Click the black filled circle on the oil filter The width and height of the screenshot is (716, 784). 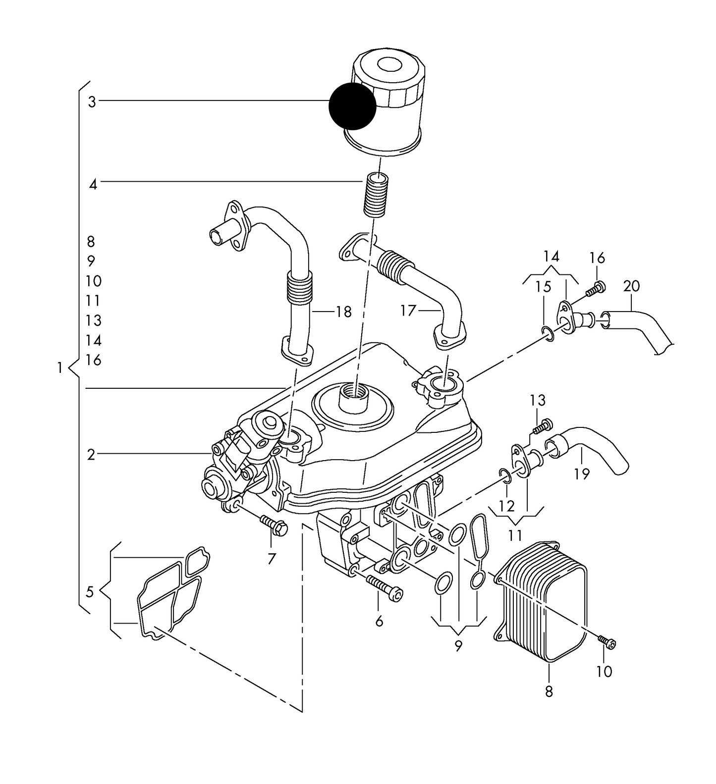tap(352, 106)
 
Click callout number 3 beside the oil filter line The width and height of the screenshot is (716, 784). tap(92, 102)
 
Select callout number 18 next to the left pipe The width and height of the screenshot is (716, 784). tap(343, 312)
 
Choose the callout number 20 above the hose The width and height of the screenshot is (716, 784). tap(631, 286)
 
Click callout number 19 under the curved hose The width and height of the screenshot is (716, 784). tap(582, 474)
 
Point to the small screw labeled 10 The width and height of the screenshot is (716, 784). tap(607, 642)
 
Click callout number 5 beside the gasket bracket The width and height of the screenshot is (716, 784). tap(90, 591)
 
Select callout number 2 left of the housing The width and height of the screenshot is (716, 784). tap(91, 454)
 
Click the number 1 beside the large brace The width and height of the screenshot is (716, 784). tap(60, 368)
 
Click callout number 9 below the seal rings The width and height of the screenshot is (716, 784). tap(458, 645)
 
